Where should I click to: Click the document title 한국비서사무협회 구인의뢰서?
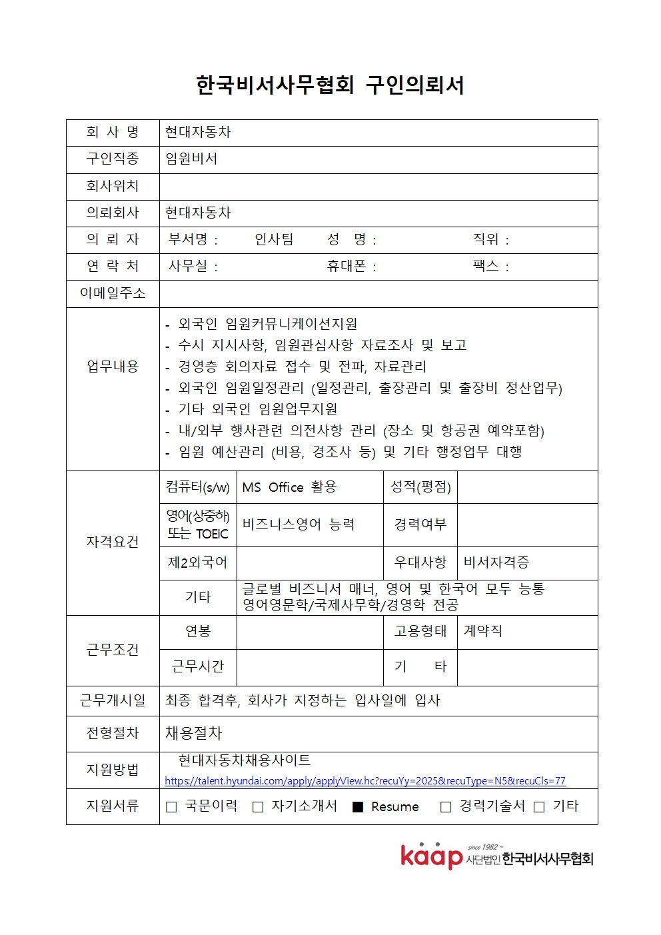[330, 85]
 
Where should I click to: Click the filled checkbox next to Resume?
[358, 807]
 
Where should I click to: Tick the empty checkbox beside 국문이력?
[171, 807]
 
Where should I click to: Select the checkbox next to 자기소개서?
[258, 807]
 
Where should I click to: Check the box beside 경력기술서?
[446, 807]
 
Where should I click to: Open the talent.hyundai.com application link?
[364, 780]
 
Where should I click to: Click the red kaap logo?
[431, 856]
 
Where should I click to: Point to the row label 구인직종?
[113, 159]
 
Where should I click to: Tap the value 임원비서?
[191, 159]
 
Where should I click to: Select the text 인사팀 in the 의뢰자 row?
[274, 239]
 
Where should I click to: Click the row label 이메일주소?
[113, 293]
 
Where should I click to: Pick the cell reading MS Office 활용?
[289, 487]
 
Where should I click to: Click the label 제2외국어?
[197, 562]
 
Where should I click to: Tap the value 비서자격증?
[496, 562]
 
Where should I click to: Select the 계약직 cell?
[483, 630]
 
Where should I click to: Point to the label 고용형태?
[420, 630]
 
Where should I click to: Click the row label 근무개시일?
[113, 700]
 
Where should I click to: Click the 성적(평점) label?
[420, 487]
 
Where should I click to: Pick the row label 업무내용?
[113, 367]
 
